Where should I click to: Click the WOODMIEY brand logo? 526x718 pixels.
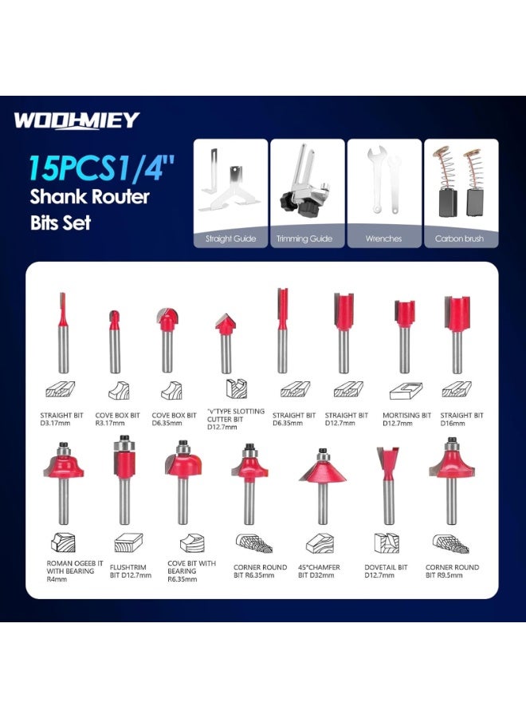point(76,121)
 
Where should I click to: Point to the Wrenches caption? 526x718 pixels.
point(384,239)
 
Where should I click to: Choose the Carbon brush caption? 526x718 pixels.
point(459,239)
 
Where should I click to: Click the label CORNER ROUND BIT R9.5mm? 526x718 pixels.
point(456,572)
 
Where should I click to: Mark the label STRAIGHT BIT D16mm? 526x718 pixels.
point(462,420)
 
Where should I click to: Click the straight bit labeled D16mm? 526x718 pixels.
point(457,335)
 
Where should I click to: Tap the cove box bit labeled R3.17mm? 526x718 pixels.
point(114,339)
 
